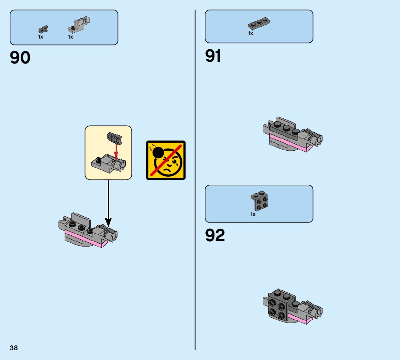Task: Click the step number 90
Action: coord(20,58)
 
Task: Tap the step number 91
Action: coord(213,56)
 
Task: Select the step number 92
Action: coord(215,235)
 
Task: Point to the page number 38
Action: coord(14,348)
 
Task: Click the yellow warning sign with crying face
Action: coord(166,160)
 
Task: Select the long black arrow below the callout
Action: coord(108,201)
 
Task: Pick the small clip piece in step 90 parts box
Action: coord(43,30)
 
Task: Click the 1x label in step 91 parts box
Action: coord(251,34)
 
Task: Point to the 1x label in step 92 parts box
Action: coord(253,215)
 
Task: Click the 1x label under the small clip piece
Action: coord(41,37)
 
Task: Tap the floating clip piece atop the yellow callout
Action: coord(114,139)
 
